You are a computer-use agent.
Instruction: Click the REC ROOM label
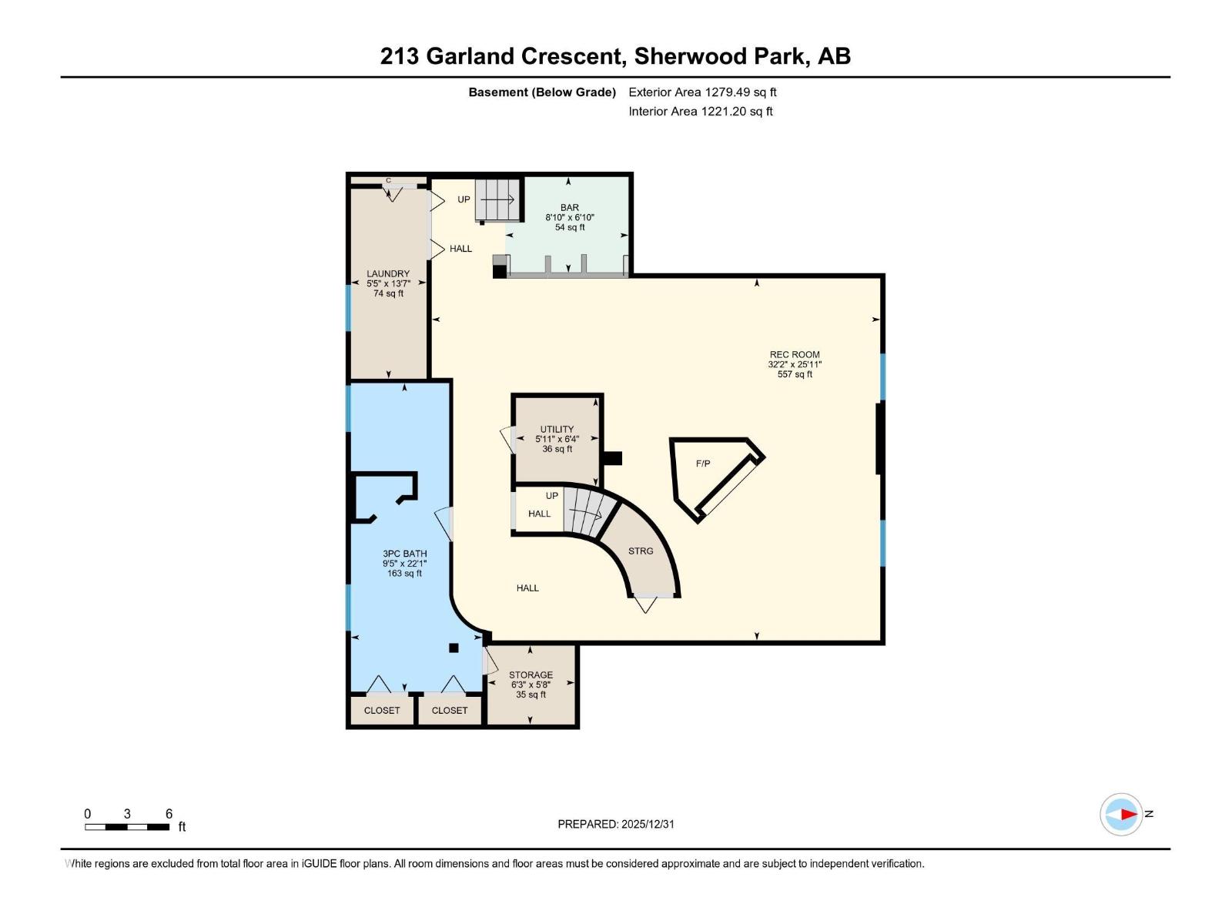click(795, 355)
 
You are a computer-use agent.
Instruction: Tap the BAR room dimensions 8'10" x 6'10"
click(570, 218)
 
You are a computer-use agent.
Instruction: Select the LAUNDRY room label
click(388, 273)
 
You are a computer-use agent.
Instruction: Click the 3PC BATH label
click(404, 554)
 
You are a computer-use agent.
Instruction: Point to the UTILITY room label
click(557, 430)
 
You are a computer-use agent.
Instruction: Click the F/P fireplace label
click(703, 464)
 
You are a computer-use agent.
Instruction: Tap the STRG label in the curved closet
click(641, 551)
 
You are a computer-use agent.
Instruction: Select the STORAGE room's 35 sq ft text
click(531, 695)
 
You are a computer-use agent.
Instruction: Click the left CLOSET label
click(382, 711)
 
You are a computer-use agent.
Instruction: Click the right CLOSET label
click(450, 711)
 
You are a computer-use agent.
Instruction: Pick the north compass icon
click(1121, 814)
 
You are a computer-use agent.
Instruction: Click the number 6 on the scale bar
click(169, 814)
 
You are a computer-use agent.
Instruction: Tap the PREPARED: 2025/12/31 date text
click(616, 824)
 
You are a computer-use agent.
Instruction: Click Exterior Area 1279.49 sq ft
click(702, 92)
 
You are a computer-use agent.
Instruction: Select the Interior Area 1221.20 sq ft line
click(701, 112)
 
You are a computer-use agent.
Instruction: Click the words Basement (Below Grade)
click(542, 92)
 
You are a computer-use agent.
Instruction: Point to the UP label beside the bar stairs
click(464, 199)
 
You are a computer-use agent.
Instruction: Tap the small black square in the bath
click(454, 648)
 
